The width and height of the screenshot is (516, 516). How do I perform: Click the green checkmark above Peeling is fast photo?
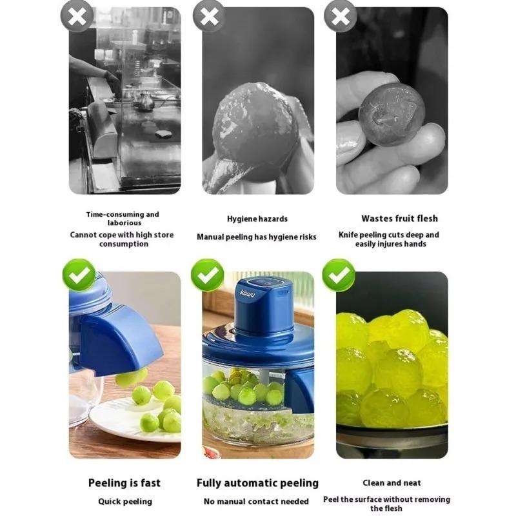click(79, 275)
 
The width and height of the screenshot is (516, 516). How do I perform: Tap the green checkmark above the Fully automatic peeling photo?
click(208, 275)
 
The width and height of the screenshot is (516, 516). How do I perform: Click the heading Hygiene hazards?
click(257, 219)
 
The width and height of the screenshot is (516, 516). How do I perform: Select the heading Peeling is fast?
click(124, 482)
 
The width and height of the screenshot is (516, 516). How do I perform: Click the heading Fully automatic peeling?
click(257, 482)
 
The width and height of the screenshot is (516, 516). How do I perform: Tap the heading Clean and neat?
click(391, 482)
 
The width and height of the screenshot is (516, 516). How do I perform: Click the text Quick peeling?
click(124, 501)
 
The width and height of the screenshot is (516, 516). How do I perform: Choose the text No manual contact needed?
click(256, 501)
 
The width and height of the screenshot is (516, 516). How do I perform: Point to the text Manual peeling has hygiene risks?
click(256, 237)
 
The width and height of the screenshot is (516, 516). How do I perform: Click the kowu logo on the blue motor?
click(248, 293)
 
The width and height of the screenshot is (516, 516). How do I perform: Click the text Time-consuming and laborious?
click(122, 218)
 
